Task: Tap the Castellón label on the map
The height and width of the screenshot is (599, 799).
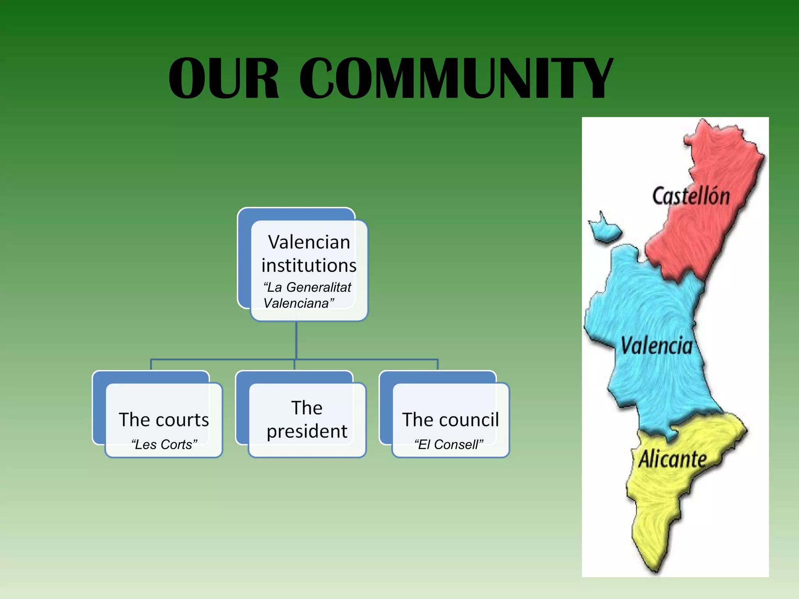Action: click(691, 196)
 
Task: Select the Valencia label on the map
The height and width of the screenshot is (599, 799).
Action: click(657, 346)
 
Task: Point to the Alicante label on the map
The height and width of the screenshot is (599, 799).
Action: click(673, 459)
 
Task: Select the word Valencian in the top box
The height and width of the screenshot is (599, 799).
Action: click(309, 242)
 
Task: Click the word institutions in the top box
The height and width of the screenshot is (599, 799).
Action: click(309, 266)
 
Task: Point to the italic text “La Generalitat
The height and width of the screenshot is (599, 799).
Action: click(307, 287)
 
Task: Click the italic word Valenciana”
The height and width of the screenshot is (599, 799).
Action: click(299, 303)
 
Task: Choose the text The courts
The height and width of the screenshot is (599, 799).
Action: click(164, 420)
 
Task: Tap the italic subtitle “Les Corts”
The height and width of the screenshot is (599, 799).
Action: click(164, 445)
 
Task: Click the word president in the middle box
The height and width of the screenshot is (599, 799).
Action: click(307, 431)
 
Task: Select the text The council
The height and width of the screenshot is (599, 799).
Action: click(451, 420)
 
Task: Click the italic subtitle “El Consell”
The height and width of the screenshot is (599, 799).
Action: click(449, 445)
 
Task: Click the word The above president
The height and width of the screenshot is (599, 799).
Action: click(307, 408)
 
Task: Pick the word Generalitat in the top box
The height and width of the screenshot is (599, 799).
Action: click(319, 287)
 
